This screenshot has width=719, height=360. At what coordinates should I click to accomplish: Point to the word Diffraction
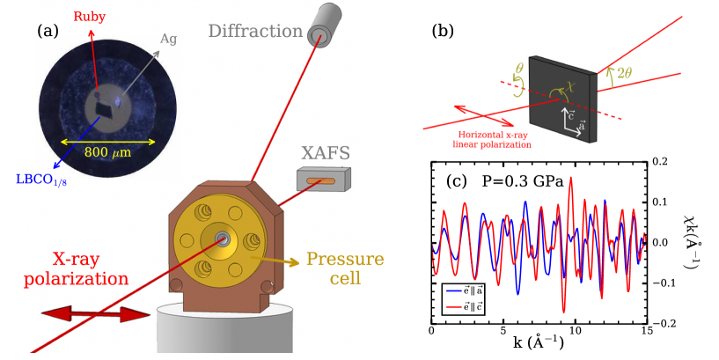coord(255,31)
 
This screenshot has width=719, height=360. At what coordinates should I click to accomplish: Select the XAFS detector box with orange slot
coord(322,182)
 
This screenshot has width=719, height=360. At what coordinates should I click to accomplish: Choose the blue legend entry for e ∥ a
coord(463,290)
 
